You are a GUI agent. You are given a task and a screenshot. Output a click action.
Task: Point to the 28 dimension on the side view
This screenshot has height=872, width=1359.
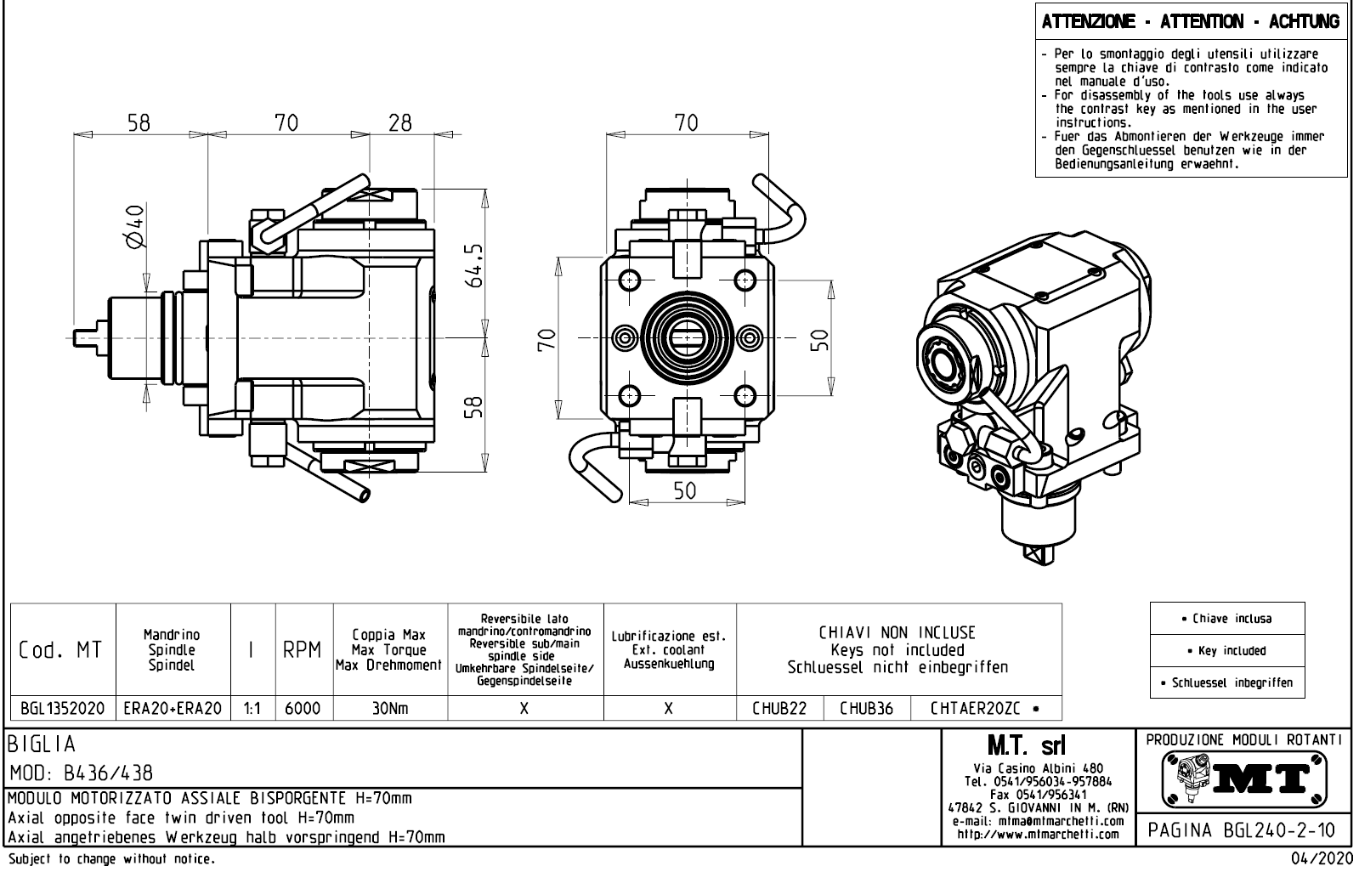(x=399, y=123)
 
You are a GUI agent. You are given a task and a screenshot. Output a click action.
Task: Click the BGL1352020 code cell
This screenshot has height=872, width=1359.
(x=62, y=708)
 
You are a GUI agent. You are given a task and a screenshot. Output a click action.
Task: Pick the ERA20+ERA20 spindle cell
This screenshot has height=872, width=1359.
(x=173, y=708)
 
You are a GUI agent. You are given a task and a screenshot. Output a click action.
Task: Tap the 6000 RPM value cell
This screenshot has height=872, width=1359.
(x=303, y=708)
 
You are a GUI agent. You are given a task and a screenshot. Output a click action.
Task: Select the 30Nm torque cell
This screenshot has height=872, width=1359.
(x=389, y=708)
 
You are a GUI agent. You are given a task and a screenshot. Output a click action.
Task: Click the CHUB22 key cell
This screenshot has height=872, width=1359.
(x=779, y=708)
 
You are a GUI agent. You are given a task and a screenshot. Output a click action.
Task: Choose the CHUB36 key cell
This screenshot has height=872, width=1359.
(x=866, y=708)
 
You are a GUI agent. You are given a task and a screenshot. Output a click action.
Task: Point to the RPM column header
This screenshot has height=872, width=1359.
(x=303, y=650)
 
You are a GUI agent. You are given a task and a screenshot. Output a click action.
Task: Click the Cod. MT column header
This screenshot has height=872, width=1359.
(x=61, y=650)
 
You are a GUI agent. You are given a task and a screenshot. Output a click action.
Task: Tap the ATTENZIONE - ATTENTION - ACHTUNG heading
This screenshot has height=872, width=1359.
(x=1191, y=22)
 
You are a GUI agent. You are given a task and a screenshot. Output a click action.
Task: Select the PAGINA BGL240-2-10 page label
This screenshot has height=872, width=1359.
(x=1242, y=829)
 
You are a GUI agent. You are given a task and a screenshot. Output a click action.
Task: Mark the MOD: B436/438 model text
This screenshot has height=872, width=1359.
(x=82, y=773)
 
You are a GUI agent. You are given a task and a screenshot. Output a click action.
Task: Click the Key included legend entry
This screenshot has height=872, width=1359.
(x=1226, y=651)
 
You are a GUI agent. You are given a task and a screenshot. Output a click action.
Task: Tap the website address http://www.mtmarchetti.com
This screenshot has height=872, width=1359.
(x=1038, y=834)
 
